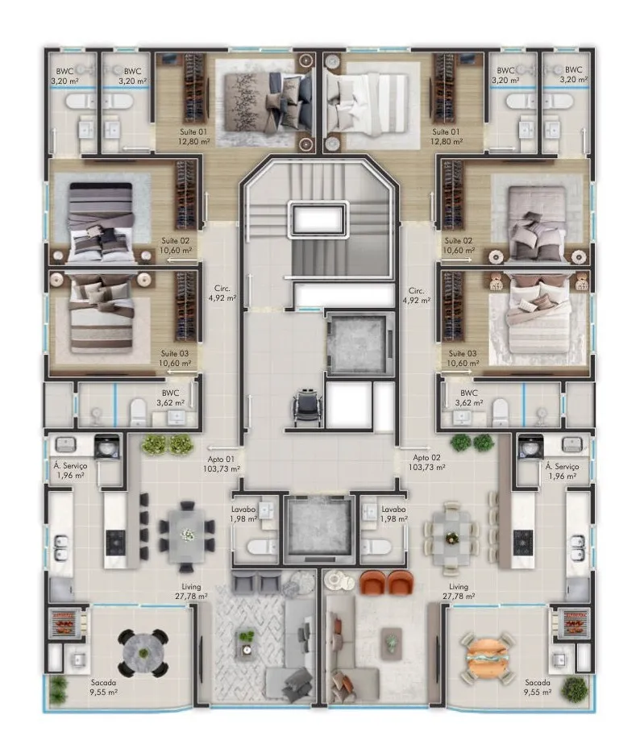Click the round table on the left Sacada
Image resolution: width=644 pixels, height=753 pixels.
(x=143, y=652)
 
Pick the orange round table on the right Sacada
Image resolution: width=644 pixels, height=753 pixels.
(x=488, y=656)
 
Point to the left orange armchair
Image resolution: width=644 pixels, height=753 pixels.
(x=372, y=582)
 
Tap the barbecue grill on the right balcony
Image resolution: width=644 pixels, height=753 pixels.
(x=575, y=623)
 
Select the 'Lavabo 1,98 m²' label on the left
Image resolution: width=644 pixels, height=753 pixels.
(x=243, y=514)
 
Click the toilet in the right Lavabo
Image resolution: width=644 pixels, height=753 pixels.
(x=377, y=547)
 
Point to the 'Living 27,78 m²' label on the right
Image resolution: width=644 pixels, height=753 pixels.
(x=459, y=591)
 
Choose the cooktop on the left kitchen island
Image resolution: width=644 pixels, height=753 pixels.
(x=116, y=542)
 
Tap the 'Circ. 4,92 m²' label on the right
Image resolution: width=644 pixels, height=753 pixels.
(x=417, y=295)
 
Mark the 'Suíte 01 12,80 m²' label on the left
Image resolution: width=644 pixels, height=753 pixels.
(x=194, y=136)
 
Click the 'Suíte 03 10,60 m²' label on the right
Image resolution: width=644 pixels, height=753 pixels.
(x=463, y=358)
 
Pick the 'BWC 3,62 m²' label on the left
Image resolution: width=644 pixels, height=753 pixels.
(x=171, y=398)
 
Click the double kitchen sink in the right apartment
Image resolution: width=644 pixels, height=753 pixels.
(x=578, y=547)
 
